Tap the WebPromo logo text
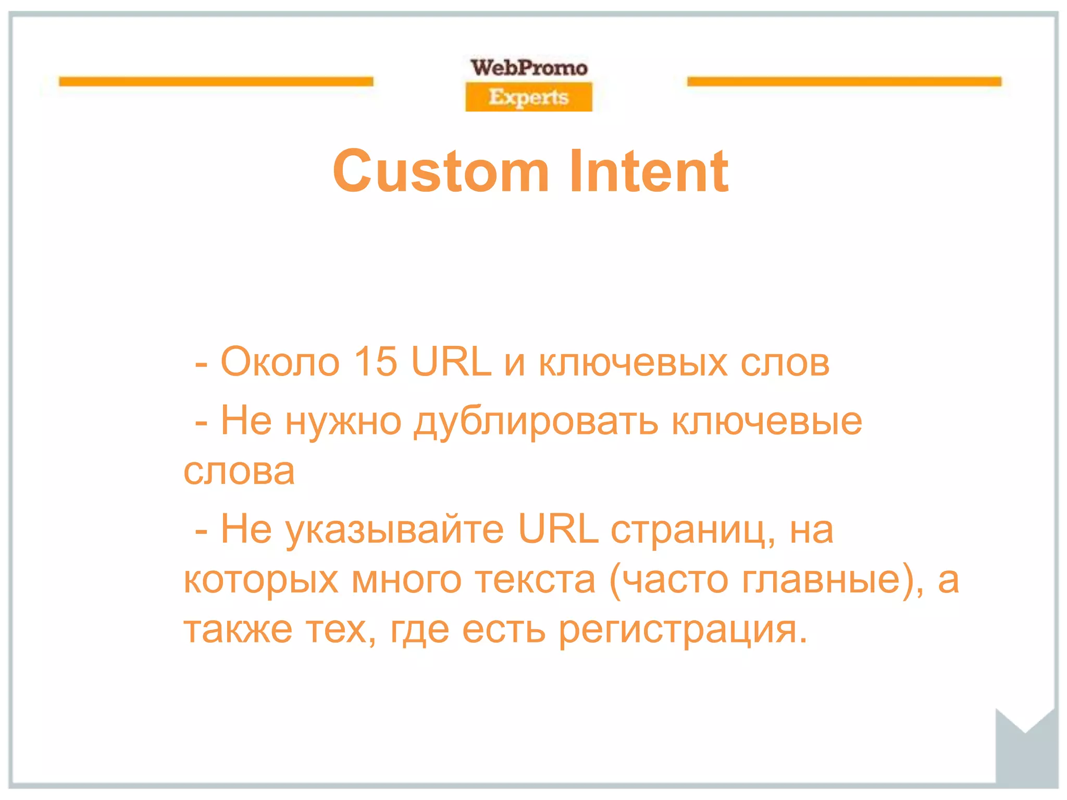pos(529,68)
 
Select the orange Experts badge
pos(529,97)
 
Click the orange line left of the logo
pos(216,81)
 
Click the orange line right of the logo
pos(844,81)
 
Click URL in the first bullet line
pos(451,361)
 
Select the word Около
pos(280,361)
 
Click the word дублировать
pos(536,421)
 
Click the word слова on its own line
pos(239,471)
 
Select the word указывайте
pos(395,529)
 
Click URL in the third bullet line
pos(558,529)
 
